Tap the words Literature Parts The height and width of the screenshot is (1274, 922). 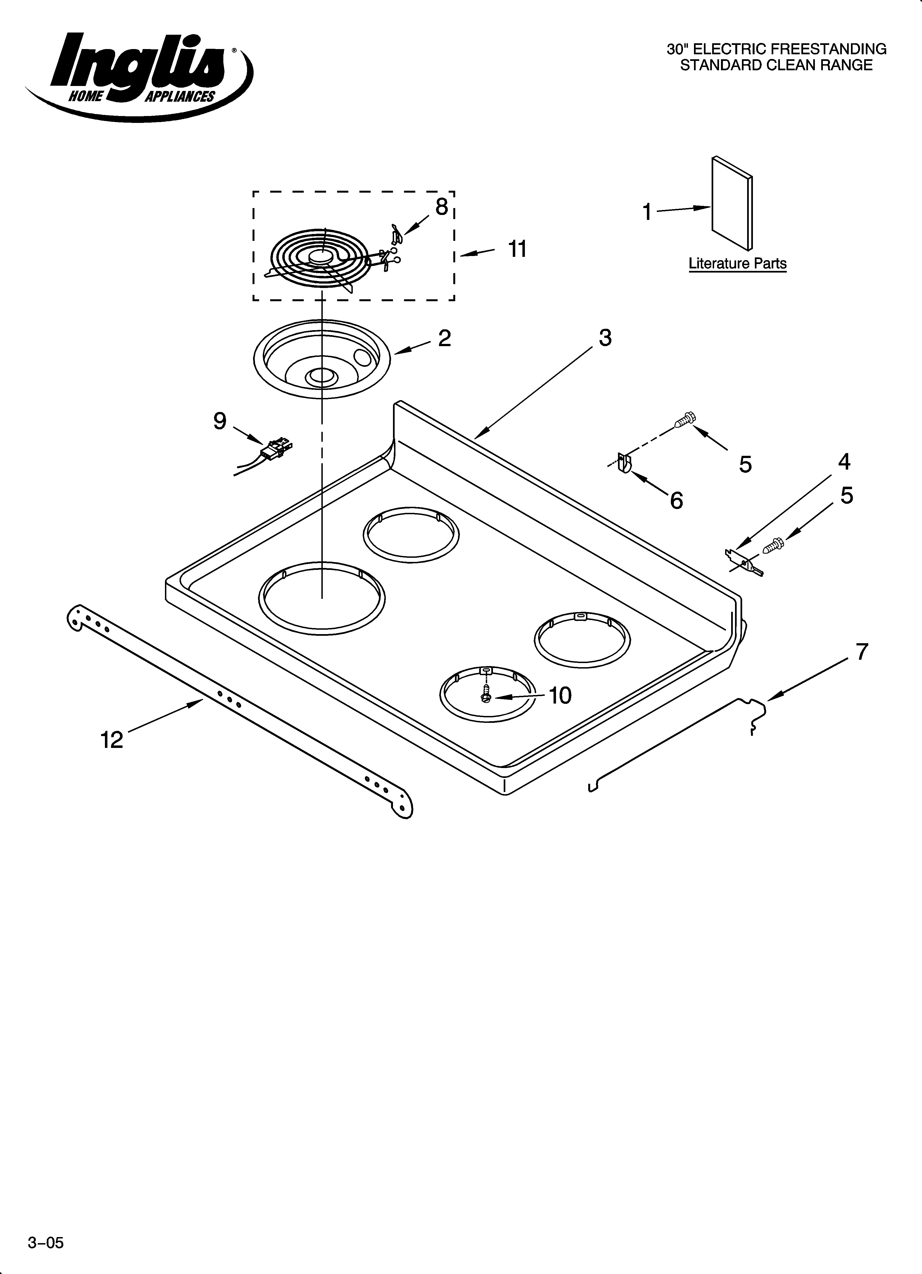[x=737, y=263]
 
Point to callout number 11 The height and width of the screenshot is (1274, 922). [x=517, y=249]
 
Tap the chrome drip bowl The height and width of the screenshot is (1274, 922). [x=322, y=360]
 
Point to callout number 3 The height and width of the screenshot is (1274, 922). [x=605, y=338]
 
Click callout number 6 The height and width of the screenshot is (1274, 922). [x=677, y=500]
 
